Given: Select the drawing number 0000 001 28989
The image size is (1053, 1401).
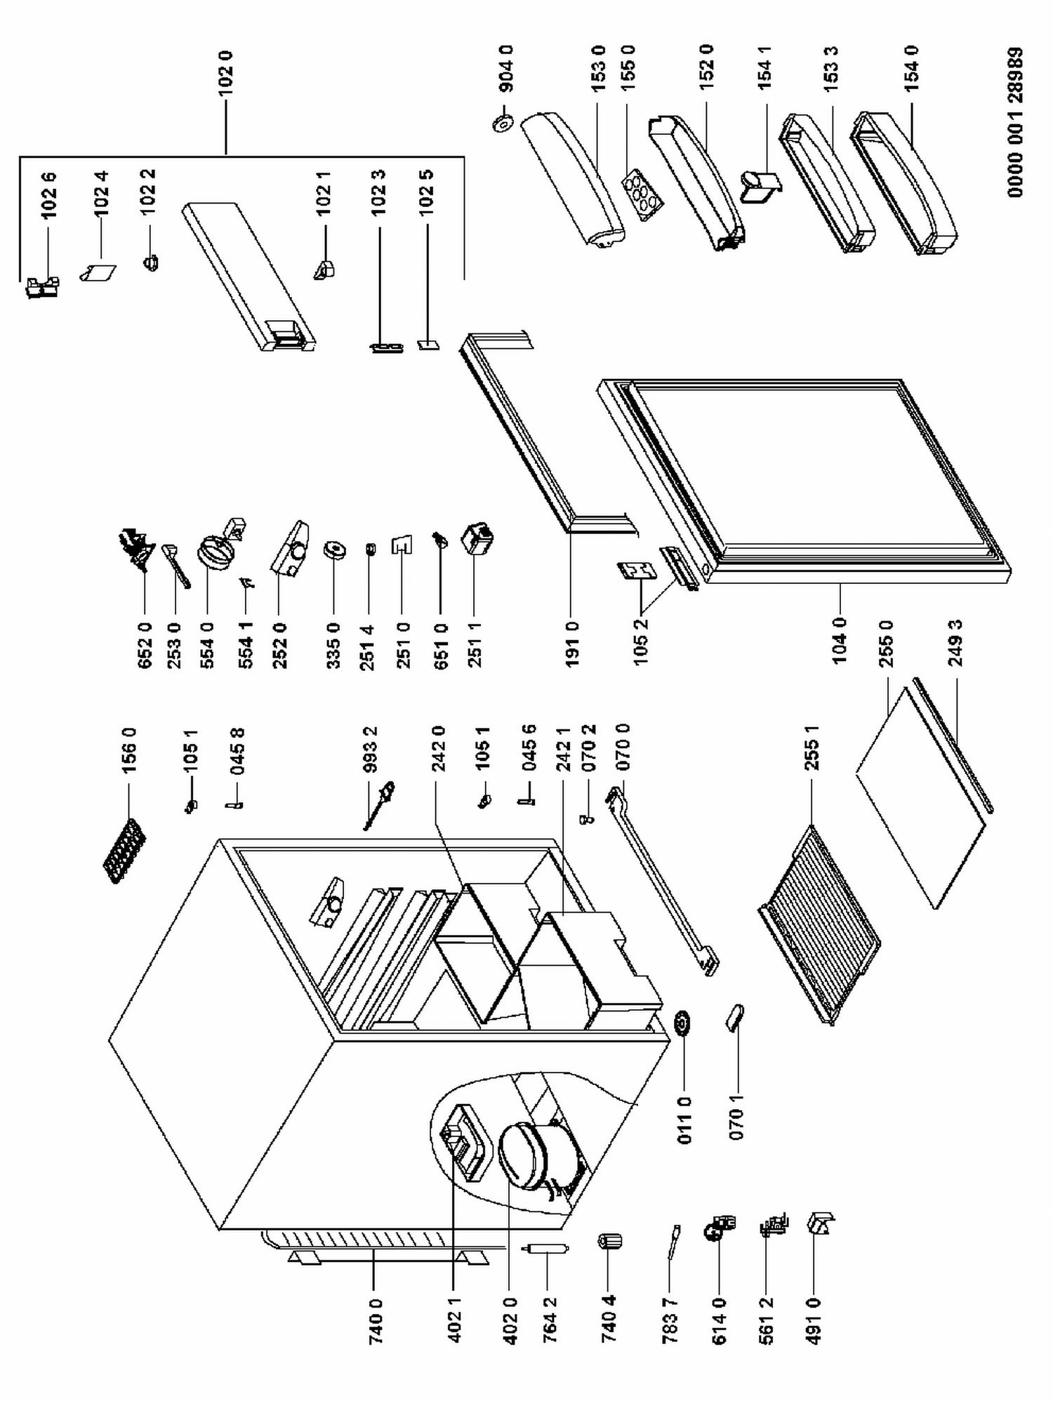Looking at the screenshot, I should [x=1015, y=122].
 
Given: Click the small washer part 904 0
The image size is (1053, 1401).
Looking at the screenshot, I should [x=502, y=124].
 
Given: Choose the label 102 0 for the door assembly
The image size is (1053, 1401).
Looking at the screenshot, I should [x=226, y=73].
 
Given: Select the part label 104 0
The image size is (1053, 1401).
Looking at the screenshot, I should [x=840, y=640].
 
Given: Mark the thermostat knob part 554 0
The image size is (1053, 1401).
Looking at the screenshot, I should [x=215, y=551].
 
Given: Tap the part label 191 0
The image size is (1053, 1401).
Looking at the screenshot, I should [x=572, y=644].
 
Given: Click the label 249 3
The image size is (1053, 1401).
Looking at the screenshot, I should [x=955, y=642].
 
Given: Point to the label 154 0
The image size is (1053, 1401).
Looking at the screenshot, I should [x=911, y=68].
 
